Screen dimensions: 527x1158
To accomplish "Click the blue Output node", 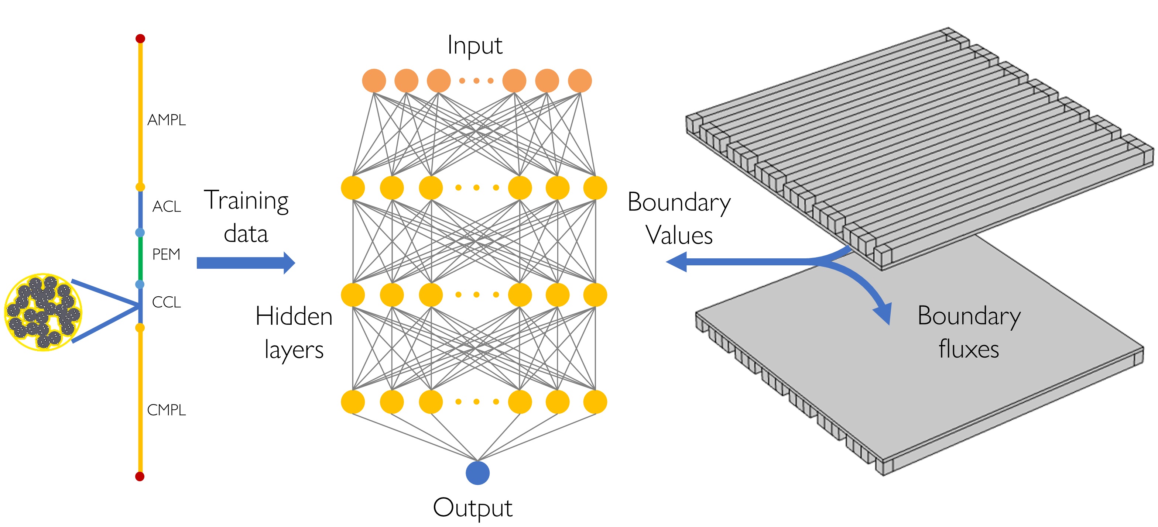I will pos(477,473).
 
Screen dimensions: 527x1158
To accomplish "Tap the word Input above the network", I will pos(475,46).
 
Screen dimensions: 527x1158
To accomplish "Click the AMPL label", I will pos(166,120).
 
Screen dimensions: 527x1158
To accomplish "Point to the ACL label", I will pos(166,207).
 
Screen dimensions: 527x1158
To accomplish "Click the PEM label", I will pos(166,254).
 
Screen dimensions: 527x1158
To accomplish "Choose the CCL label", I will pos(166,302).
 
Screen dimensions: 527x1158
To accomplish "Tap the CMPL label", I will pos(166,410).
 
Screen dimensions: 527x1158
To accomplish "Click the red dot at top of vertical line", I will pos(140,39).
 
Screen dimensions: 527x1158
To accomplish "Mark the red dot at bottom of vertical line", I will pos(140,476).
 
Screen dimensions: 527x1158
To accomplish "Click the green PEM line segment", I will pos(140,258).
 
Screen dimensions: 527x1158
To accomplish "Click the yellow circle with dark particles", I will pos(43,312).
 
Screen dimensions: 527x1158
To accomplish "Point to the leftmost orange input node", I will pos(374,81).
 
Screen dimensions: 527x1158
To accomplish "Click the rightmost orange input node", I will pos(580,81).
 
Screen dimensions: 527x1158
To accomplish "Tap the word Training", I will pos(246,201).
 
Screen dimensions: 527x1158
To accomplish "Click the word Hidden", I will pos(294,316).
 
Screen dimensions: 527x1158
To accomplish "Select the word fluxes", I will pos(969,349).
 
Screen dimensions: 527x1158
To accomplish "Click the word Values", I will pos(679,235).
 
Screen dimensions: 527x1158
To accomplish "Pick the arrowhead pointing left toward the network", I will pos(677,262).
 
